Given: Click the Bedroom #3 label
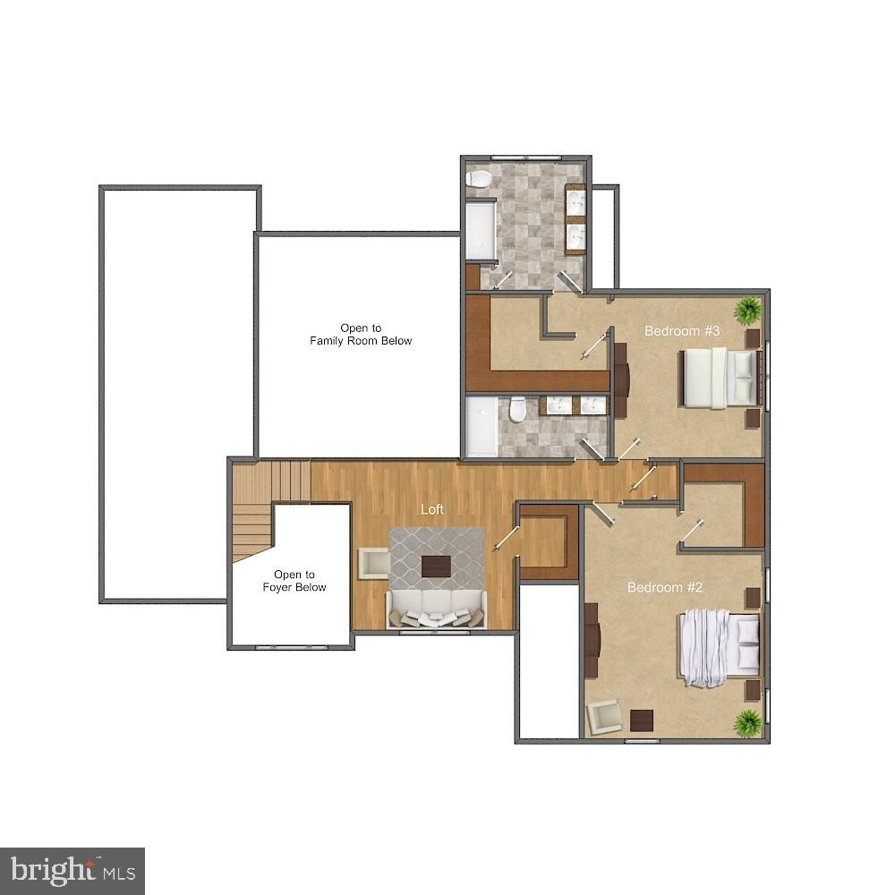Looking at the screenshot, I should (682, 331).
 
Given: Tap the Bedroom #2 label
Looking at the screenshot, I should (664, 587).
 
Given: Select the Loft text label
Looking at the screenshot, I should (432, 509).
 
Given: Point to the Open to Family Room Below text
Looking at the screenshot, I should (361, 335).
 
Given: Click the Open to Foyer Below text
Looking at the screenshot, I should (294, 581).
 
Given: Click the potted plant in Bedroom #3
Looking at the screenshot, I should (748, 311).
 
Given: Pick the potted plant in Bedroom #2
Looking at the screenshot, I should (747, 721).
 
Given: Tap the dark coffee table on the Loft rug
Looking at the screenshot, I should (436, 567).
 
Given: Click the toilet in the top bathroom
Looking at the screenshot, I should (479, 178).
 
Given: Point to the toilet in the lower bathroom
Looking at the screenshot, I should (517, 411).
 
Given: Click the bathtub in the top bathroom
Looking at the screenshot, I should (480, 230).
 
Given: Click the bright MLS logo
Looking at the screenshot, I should (72, 871).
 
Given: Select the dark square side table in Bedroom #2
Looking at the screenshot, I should (642, 720).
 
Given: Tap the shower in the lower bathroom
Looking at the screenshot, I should (482, 427).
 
